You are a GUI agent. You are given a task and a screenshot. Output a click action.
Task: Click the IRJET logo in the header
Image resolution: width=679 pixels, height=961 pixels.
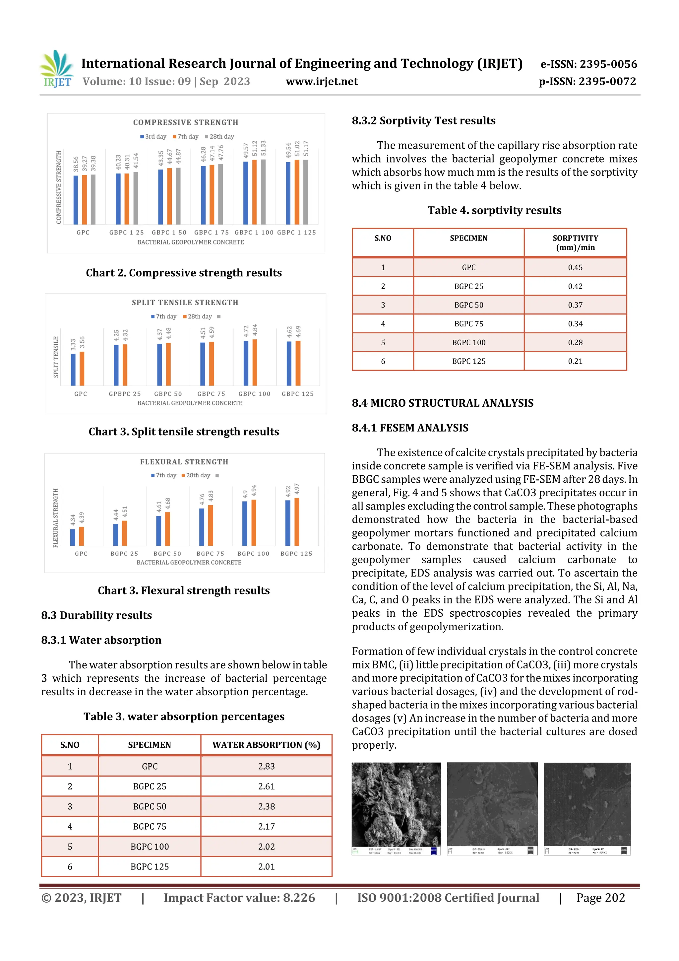57,69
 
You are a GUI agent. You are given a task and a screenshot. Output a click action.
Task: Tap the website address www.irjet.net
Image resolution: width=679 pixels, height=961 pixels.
322,82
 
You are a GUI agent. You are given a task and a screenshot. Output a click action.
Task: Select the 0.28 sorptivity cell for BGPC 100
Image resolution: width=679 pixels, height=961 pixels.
575,342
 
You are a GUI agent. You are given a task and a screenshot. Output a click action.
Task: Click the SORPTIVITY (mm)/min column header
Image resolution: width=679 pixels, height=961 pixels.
575,243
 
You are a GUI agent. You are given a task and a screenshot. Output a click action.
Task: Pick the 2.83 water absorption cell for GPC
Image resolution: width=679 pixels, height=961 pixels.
266,766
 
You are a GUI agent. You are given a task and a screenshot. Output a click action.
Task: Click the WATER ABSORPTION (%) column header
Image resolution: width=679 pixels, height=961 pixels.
266,745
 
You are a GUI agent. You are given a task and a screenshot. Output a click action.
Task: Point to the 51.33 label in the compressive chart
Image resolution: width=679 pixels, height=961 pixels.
263,148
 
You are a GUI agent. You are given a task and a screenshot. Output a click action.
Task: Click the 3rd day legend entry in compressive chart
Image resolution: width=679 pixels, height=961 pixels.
153,136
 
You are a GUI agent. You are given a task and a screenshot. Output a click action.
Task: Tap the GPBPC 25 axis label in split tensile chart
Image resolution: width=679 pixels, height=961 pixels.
125,394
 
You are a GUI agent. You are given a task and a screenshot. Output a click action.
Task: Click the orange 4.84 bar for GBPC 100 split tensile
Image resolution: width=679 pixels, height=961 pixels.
255,363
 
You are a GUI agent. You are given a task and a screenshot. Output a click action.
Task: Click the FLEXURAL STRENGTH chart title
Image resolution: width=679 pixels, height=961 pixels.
184,462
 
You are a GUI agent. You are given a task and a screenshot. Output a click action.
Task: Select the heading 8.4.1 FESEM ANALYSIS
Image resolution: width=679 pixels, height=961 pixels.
410,428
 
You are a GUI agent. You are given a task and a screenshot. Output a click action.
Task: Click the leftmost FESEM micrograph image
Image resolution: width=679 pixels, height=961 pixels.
396,809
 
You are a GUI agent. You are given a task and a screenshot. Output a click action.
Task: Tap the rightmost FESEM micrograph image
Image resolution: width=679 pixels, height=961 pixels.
587,809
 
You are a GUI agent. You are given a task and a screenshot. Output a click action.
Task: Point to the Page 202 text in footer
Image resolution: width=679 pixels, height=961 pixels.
600,898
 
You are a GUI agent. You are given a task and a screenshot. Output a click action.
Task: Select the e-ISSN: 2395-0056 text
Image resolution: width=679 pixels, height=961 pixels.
588,64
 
